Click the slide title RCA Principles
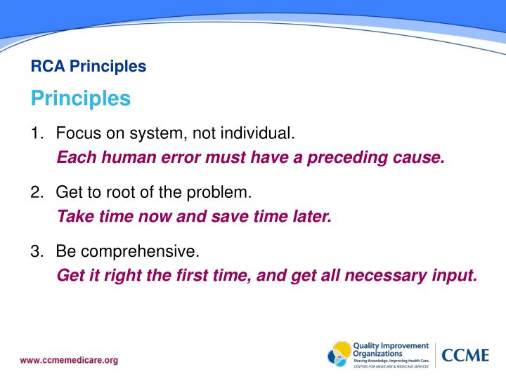pos(89,67)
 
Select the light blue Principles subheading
pos(81,98)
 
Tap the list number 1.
pos(36,133)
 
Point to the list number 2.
pos(36,192)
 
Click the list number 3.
pos(36,251)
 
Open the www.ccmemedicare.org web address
pos(69,361)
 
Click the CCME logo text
pos(465,354)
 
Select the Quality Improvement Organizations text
pos(390,350)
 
